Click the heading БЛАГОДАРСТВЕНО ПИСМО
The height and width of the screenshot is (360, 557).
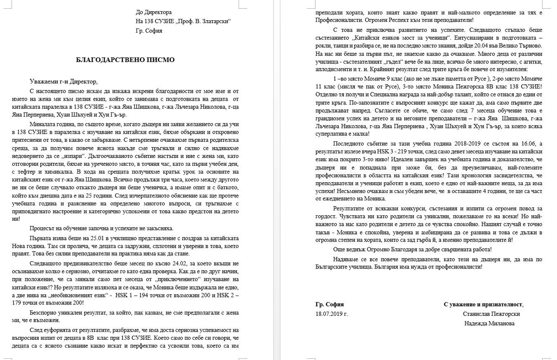click(x=125, y=60)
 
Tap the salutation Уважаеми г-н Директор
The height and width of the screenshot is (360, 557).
click(x=64, y=81)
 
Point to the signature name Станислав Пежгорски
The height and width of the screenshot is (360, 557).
click(x=491, y=314)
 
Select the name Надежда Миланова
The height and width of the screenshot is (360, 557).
click(x=489, y=323)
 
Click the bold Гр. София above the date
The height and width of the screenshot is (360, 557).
click(x=329, y=304)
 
